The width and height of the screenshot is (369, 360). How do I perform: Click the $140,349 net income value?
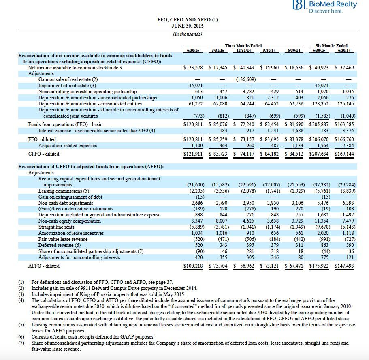(244, 68)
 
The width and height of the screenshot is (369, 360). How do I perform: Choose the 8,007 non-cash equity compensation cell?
(220, 221)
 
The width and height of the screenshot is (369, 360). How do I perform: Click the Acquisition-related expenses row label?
(68, 146)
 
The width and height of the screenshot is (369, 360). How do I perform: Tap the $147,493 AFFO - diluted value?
(344, 266)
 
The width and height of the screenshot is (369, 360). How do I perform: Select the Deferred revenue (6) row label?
(60, 245)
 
